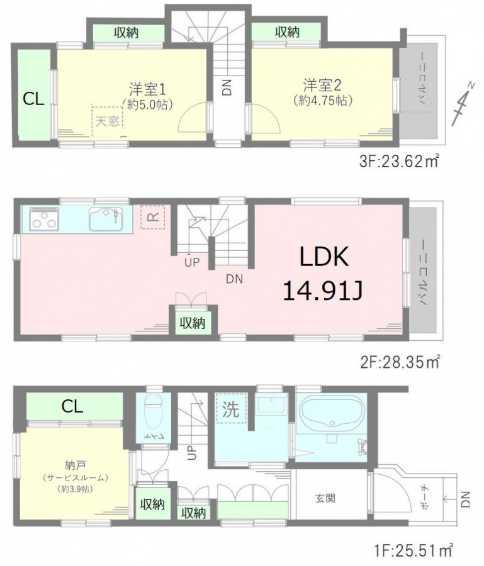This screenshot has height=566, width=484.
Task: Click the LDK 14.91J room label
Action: (x=323, y=274)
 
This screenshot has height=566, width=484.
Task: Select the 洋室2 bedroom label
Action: (x=322, y=86)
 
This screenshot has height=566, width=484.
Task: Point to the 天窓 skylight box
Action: (x=108, y=121)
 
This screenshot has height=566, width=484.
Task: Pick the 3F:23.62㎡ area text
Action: (x=399, y=162)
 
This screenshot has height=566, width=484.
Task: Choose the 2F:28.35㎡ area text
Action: (x=400, y=362)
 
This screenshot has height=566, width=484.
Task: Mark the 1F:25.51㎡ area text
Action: (x=412, y=551)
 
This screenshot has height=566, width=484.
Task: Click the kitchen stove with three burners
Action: (x=43, y=219)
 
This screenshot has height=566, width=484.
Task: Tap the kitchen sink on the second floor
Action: (x=106, y=218)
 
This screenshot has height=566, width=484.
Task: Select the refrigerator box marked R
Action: (x=153, y=217)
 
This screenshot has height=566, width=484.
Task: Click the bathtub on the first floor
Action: (x=331, y=411)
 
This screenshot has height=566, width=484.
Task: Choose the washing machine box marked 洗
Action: (x=231, y=409)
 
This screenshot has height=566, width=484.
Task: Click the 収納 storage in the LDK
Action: (x=193, y=323)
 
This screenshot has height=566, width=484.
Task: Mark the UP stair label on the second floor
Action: (x=192, y=262)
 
